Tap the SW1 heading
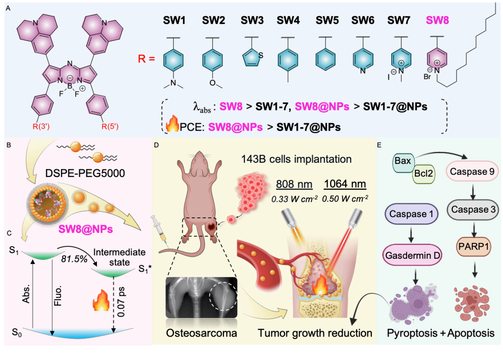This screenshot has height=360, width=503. click(174, 20)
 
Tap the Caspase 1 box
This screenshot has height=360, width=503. click(411, 214)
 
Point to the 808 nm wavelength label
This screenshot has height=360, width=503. click(294, 184)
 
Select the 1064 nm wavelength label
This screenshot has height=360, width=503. click(345, 184)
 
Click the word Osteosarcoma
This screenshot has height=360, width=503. click(201, 333)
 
